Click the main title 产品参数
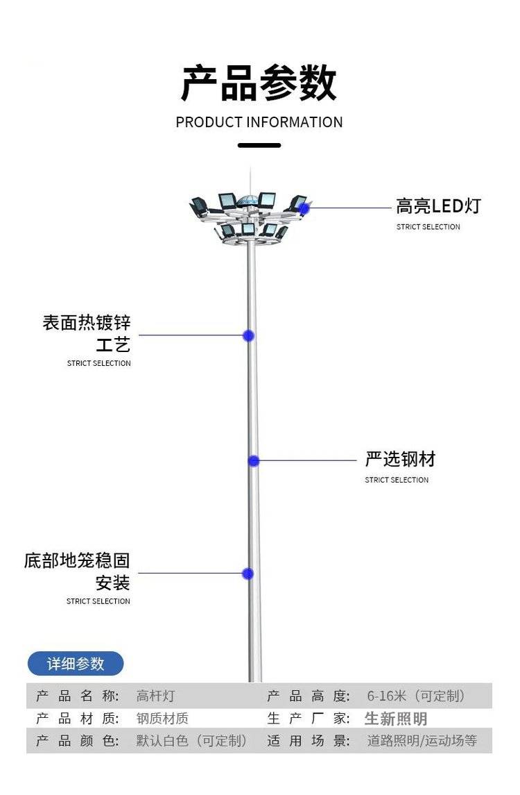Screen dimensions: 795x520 [259, 84]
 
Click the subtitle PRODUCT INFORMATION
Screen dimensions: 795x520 [259, 122]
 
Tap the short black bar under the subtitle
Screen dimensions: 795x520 [259, 145]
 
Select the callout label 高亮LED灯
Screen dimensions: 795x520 [438, 206]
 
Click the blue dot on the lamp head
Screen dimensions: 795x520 [304, 208]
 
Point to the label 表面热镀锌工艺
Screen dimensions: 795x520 [87, 333]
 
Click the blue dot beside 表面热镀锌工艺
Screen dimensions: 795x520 [248, 336]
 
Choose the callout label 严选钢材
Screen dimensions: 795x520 [400, 459]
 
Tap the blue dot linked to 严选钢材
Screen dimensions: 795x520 [254, 460]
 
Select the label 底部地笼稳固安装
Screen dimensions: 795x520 [78, 571]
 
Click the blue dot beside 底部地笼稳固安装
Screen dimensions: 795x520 [248, 574]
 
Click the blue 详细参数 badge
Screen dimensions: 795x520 [76, 664]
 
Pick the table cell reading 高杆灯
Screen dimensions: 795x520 [155, 696]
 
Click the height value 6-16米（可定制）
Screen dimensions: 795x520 [416, 696]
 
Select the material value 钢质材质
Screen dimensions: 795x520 [162, 719]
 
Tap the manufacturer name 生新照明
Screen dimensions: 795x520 [396, 719]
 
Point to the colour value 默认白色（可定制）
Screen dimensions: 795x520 [192, 741]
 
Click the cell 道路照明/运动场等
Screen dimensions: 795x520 [422, 741]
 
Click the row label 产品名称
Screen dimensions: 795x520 [78, 696]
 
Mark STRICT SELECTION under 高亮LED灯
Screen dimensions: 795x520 [428, 227]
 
